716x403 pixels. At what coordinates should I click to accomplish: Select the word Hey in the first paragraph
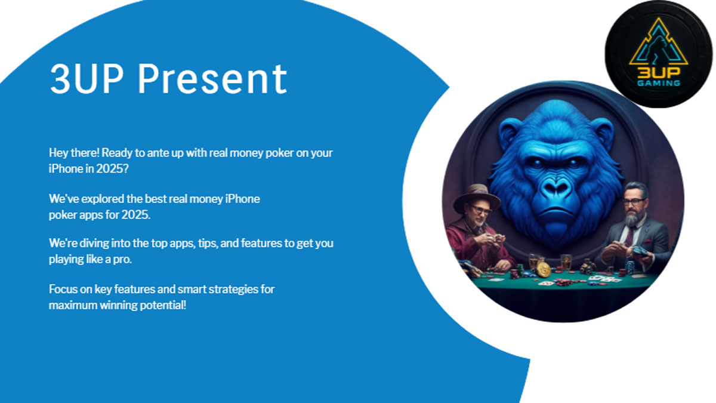click(x=58, y=152)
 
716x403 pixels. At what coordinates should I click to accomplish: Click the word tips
click(x=208, y=244)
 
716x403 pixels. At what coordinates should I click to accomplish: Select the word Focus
click(x=62, y=290)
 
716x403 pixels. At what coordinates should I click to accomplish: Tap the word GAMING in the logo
click(x=658, y=83)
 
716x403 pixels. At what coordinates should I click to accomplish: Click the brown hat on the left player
click(x=476, y=198)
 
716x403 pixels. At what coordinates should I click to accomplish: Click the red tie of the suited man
click(x=629, y=235)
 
